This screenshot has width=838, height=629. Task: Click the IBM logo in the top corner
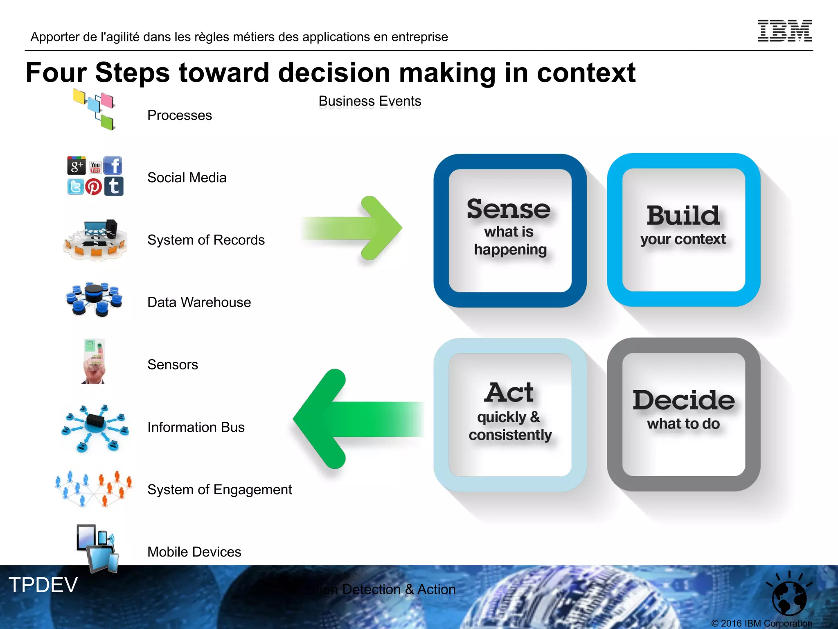784,31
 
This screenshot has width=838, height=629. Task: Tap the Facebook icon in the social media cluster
113,165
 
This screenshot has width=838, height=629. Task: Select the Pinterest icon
94,187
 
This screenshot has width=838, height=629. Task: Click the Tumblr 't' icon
114,186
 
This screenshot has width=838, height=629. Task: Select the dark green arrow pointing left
352,419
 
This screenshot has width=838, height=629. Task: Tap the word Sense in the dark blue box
509,209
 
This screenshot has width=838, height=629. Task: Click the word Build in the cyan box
683,215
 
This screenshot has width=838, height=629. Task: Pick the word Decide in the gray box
683,400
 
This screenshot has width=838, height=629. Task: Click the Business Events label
369,101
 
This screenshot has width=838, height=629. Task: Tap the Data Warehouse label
199,302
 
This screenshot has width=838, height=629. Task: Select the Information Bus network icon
95,427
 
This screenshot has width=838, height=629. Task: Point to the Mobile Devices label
194,552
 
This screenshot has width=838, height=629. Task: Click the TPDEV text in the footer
43,584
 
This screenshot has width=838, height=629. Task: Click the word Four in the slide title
56,72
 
